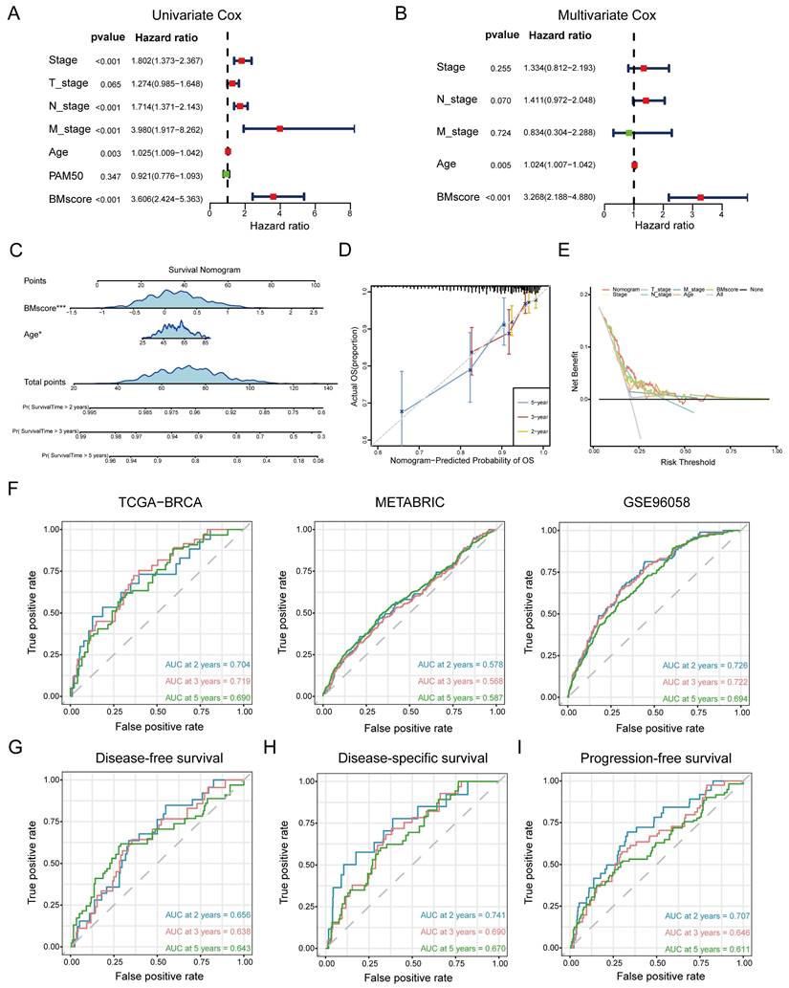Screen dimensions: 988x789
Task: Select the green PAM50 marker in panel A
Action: pos(227,174)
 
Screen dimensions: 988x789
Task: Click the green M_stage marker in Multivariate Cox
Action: pos(629,132)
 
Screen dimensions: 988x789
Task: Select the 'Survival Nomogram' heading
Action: pos(204,270)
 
